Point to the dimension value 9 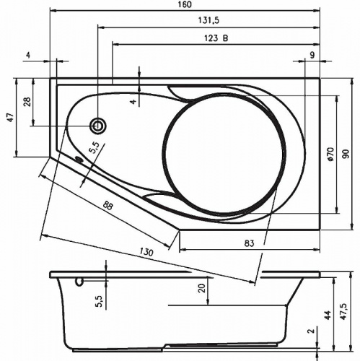click(312, 55)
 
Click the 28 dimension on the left click(27, 102)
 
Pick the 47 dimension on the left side click(10, 117)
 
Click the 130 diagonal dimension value click(146, 253)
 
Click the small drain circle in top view click(97, 127)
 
